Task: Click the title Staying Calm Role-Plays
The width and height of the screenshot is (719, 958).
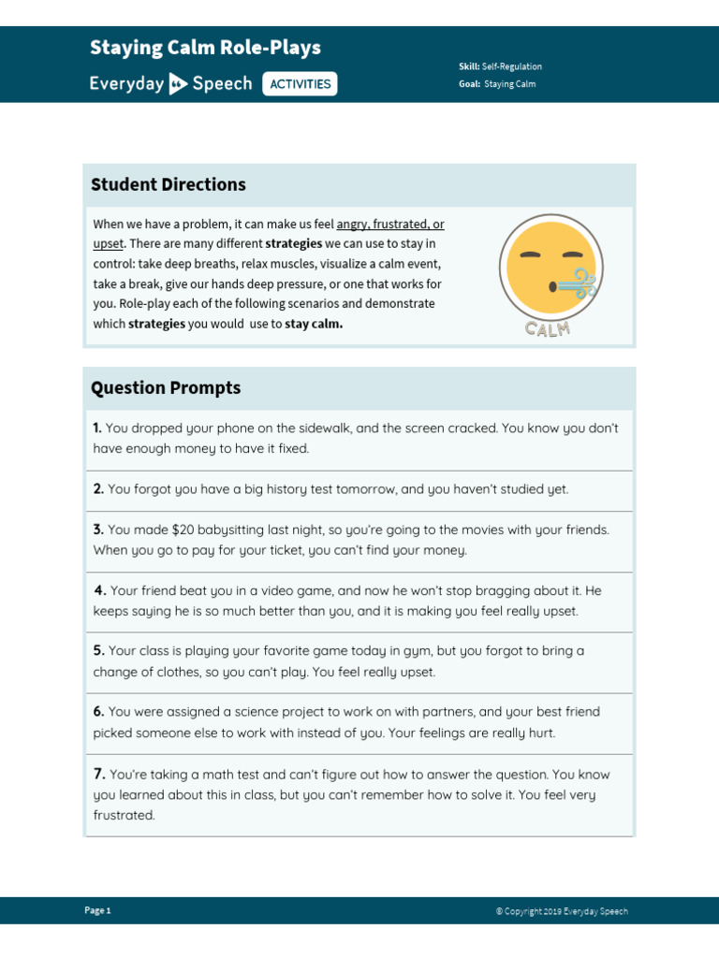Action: (205, 48)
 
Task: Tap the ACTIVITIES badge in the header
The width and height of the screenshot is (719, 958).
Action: (300, 84)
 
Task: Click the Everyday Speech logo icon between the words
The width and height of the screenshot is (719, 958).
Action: (178, 84)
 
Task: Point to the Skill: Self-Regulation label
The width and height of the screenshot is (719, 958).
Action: (500, 66)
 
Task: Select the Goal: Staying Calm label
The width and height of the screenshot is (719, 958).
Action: (497, 84)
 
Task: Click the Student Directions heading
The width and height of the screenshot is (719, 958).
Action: (169, 184)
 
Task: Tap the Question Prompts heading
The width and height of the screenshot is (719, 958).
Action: (166, 387)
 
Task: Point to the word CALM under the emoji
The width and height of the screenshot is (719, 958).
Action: (549, 328)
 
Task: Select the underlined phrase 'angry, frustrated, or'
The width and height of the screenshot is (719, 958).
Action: (390, 225)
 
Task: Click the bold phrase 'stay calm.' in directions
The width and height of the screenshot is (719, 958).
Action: (314, 325)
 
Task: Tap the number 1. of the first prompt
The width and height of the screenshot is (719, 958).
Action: (97, 428)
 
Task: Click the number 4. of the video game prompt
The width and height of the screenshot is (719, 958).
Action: (99, 590)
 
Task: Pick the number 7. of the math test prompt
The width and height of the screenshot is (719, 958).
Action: (99, 775)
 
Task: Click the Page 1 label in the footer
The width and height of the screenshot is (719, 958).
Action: (97, 910)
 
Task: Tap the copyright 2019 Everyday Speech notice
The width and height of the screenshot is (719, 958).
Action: (562, 911)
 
